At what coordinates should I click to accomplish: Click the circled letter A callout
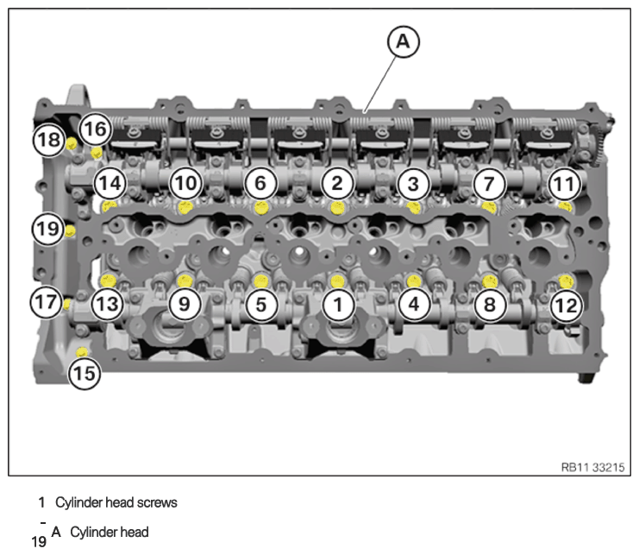point(403,41)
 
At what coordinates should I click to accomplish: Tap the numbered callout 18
point(49,140)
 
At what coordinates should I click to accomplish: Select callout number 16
point(96,129)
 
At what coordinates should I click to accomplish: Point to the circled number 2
point(337,184)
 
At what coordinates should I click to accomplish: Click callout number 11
point(565,185)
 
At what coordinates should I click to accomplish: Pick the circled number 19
point(48,229)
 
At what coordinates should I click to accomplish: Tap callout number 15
point(85,373)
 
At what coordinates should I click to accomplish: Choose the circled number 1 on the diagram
point(338,304)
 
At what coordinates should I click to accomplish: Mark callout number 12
point(566,306)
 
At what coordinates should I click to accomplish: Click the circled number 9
point(185,304)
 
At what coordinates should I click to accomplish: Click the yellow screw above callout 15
point(82,351)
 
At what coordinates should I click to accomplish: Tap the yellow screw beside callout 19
point(70,230)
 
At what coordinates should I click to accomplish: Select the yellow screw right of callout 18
point(72,143)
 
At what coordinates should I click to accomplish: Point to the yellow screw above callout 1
point(337,281)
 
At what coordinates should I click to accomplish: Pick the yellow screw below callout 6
point(261,207)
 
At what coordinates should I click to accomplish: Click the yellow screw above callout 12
point(566,281)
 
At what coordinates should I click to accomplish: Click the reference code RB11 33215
point(593,467)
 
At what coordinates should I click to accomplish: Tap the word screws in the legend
point(157,502)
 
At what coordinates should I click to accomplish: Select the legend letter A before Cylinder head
point(56,532)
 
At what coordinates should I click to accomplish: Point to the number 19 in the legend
point(39,542)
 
